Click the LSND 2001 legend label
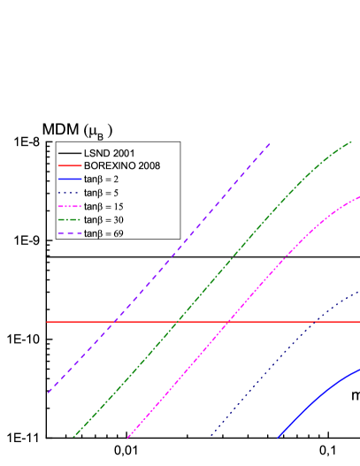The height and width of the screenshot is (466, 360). [110, 152]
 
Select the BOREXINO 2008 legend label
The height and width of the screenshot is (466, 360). [122, 165]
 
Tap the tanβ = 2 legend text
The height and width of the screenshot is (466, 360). [103, 179]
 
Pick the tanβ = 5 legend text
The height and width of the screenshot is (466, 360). [103, 192]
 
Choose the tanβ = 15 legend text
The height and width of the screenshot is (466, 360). [105, 206]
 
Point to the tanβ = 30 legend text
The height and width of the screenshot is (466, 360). [105, 219]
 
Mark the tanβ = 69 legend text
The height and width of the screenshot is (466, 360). [105, 233]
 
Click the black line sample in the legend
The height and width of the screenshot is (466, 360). [69, 152]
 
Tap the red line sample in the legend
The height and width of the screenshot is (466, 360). [69, 165]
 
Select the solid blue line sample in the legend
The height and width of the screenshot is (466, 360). [69, 179]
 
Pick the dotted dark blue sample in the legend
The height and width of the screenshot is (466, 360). [69, 192]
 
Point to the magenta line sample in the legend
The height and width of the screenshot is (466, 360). [69, 206]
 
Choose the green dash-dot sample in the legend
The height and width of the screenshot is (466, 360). [69, 219]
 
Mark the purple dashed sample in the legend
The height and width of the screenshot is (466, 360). [69, 233]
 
